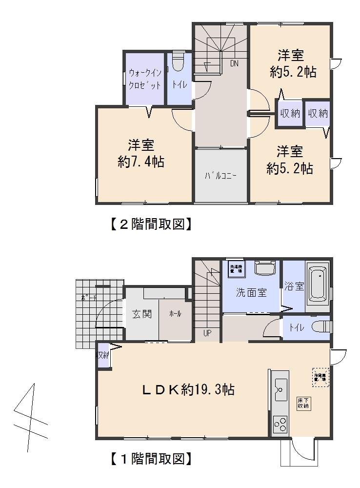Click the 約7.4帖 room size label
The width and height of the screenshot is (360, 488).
[x=140, y=162]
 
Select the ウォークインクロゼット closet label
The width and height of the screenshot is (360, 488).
[x=144, y=79]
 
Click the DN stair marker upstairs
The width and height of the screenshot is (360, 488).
[x=234, y=63]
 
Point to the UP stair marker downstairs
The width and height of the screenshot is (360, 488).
[x=207, y=333]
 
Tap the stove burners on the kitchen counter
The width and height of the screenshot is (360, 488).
[x=280, y=424]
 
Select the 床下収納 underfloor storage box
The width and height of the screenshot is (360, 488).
[x=303, y=404]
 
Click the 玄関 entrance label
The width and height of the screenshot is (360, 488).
[x=141, y=314]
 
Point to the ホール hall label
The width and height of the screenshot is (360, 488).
[x=175, y=314]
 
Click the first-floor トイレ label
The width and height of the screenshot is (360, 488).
[x=299, y=328]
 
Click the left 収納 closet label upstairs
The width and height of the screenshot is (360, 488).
[x=289, y=114]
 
